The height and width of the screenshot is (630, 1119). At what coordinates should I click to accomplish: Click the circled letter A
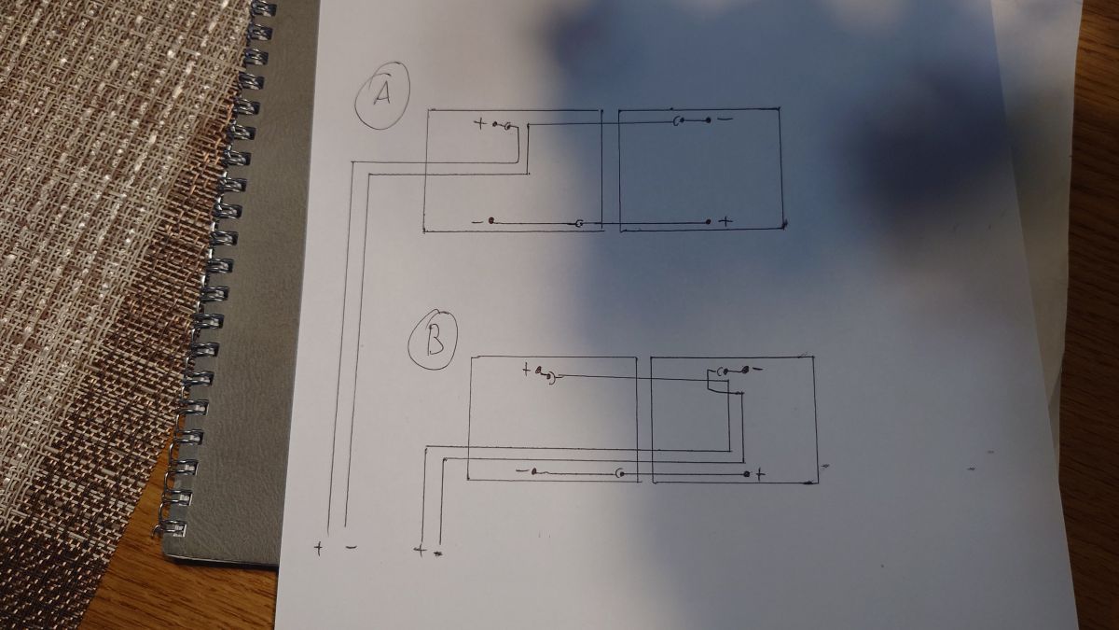[381, 95]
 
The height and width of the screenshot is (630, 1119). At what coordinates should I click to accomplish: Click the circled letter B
[435, 340]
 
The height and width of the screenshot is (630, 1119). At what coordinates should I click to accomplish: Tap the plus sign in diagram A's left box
[479, 123]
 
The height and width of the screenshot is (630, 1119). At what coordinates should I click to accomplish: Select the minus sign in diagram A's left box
[477, 221]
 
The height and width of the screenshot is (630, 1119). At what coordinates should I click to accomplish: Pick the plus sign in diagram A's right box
[727, 221]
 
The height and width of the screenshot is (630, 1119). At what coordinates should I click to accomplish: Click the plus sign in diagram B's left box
[526, 371]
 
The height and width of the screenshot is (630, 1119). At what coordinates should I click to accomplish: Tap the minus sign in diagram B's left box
[520, 471]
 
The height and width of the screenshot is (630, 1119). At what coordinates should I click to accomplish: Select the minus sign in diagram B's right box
[757, 370]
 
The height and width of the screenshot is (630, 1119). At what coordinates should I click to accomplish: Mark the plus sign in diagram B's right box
[760, 473]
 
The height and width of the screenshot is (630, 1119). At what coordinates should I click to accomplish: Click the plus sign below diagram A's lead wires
[318, 548]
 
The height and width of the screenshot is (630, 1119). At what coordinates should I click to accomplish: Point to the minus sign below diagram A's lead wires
[352, 548]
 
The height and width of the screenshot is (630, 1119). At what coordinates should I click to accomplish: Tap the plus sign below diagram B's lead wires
[421, 551]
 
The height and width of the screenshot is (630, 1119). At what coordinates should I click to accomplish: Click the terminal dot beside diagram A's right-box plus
[709, 221]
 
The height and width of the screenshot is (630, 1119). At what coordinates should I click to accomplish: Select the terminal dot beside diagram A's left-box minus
[491, 221]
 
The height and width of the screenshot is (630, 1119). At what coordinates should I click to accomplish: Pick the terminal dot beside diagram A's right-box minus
[708, 120]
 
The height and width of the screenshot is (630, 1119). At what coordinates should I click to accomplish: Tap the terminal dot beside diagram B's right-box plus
[746, 473]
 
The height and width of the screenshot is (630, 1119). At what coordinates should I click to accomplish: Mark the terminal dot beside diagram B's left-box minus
[534, 471]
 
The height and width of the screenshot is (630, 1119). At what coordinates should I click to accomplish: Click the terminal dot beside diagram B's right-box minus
[745, 370]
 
